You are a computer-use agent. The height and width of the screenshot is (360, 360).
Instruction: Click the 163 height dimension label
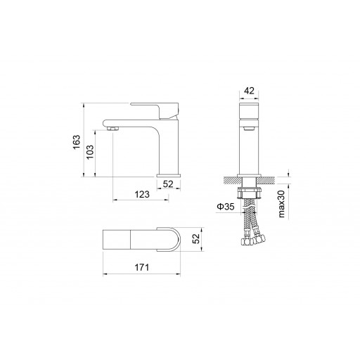[x=77, y=142]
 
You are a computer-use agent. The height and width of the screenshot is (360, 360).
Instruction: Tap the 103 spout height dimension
[x=90, y=152]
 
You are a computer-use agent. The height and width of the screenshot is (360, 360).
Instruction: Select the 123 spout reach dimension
[x=142, y=194]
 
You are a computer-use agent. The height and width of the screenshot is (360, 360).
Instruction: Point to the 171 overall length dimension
[x=141, y=267]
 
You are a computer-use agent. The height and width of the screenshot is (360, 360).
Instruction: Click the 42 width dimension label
[x=249, y=91]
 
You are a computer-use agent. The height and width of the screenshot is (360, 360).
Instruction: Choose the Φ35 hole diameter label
[x=226, y=207]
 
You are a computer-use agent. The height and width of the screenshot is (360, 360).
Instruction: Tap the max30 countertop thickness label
[x=281, y=204]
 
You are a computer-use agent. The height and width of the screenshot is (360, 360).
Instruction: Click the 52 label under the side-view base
[x=168, y=184]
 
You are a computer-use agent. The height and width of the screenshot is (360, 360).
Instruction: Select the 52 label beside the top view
[x=195, y=239]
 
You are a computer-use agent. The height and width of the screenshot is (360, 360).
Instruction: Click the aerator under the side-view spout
[x=112, y=128]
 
